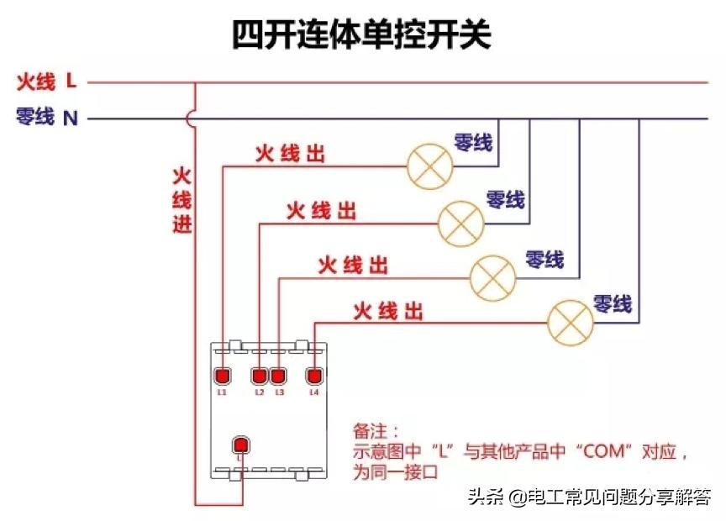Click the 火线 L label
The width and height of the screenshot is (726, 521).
click(46, 82)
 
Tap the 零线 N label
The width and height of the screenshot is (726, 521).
click(46, 118)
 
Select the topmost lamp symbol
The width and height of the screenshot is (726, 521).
click(430, 166)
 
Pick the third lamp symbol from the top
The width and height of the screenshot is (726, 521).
click(492, 277)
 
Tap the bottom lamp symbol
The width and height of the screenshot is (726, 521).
click(571, 323)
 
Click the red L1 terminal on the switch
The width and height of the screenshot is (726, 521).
click(222, 376)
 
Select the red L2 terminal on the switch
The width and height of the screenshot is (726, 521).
click(259, 376)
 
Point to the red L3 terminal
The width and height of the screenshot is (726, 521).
click(278, 376)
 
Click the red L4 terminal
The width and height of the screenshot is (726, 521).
click(314, 376)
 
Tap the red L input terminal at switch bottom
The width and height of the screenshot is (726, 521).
click(241, 445)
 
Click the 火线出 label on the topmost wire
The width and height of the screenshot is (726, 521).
click(290, 154)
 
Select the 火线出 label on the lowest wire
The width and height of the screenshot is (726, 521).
click(387, 312)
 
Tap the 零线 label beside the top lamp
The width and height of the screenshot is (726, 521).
click(473, 142)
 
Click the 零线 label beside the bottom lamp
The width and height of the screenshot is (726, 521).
click(612, 303)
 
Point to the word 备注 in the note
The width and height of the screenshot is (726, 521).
click(369, 432)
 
